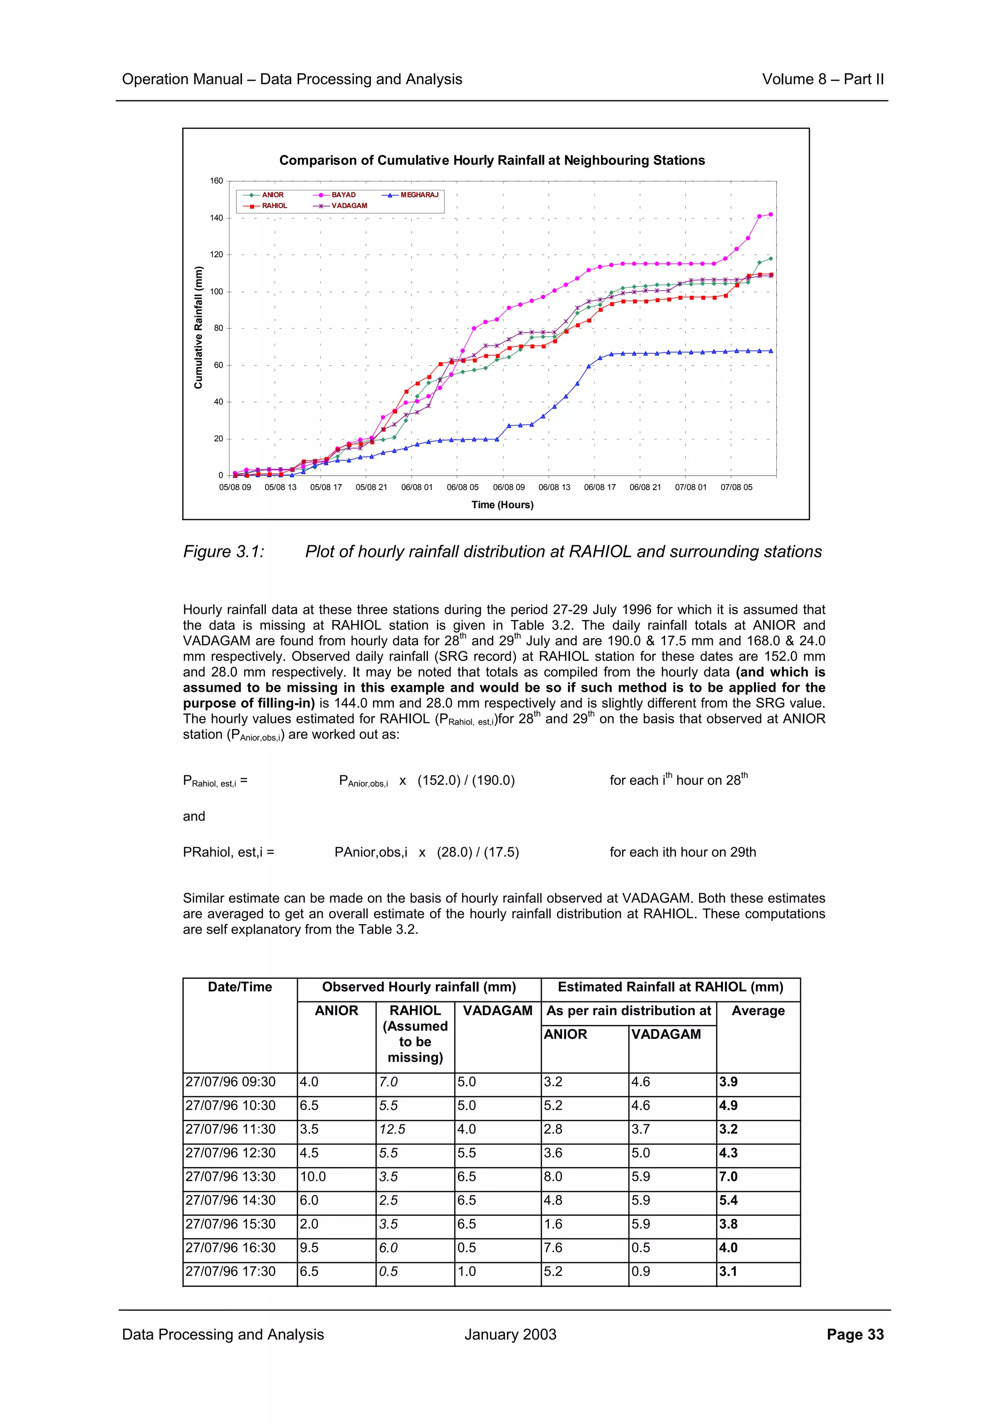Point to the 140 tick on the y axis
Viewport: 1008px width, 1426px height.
216,218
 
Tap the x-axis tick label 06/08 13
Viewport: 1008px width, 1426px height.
554,488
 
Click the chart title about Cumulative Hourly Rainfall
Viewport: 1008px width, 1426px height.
492,160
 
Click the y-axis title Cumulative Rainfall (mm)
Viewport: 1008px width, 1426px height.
199,327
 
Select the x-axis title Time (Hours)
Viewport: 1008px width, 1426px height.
502,505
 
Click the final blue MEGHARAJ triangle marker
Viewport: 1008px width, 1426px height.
771,351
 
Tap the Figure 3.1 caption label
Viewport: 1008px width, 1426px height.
223,552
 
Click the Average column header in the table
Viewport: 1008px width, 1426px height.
757,1011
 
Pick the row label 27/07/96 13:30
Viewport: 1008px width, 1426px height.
230,1177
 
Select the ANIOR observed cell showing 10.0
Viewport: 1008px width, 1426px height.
313,1177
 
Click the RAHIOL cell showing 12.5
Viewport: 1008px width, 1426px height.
392,1130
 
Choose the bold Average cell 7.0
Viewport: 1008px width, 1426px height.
728,1177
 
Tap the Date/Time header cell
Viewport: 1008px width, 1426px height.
240,987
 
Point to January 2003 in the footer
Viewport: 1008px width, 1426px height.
510,1334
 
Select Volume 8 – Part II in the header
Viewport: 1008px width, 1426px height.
822,80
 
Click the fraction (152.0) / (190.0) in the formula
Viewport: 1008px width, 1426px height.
466,781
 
